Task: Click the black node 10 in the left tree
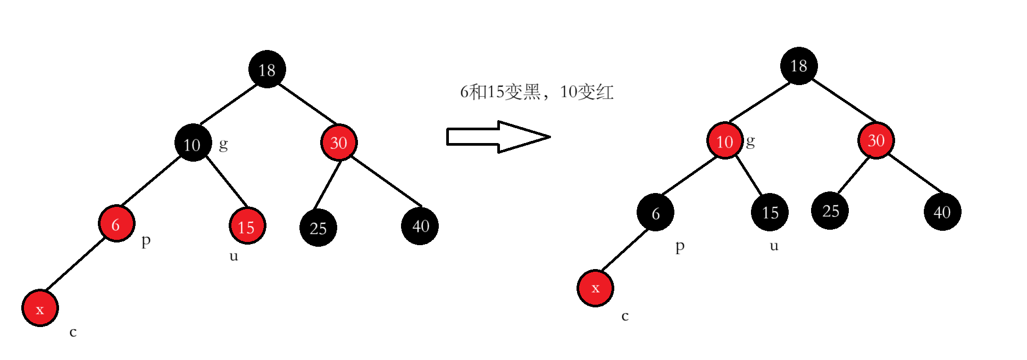[x=193, y=143]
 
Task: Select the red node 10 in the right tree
[x=724, y=141]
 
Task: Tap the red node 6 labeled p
[x=116, y=223]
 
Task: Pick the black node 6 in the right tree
[x=655, y=212]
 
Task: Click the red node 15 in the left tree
[x=247, y=226]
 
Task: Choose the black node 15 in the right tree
[x=770, y=212]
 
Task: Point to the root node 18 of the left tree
[x=267, y=69]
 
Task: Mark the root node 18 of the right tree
[x=798, y=66]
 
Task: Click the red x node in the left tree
[x=40, y=308]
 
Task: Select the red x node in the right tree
[x=595, y=288]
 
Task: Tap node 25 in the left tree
[x=318, y=228]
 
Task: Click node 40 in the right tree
[x=942, y=212]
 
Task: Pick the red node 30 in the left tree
[x=339, y=143]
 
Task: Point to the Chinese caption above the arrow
[x=536, y=92]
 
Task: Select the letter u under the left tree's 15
[x=233, y=256]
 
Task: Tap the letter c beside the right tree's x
[x=625, y=316]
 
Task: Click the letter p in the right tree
[x=680, y=247]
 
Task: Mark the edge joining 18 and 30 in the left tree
[x=307, y=104]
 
